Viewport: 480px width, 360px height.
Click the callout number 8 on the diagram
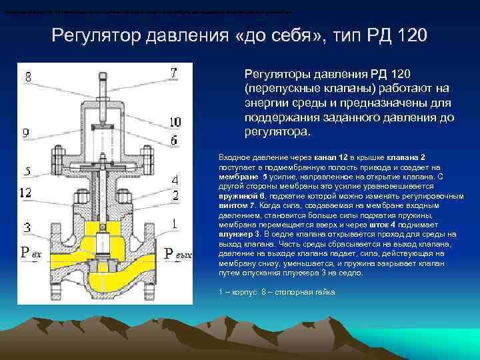(x=28, y=77)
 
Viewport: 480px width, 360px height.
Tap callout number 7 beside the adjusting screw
(x=174, y=71)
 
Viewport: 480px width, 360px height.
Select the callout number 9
(x=26, y=133)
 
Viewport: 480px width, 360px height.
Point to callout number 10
(x=174, y=122)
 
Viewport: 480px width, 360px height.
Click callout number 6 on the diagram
(x=174, y=140)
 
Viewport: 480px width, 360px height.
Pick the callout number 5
(x=27, y=171)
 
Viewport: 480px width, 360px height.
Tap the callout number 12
(x=27, y=193)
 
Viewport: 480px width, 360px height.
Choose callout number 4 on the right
(x=175, y=180)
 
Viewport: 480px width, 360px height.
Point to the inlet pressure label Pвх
(x=29, y=253)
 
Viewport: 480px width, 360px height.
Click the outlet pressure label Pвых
(x=177, y=253)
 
